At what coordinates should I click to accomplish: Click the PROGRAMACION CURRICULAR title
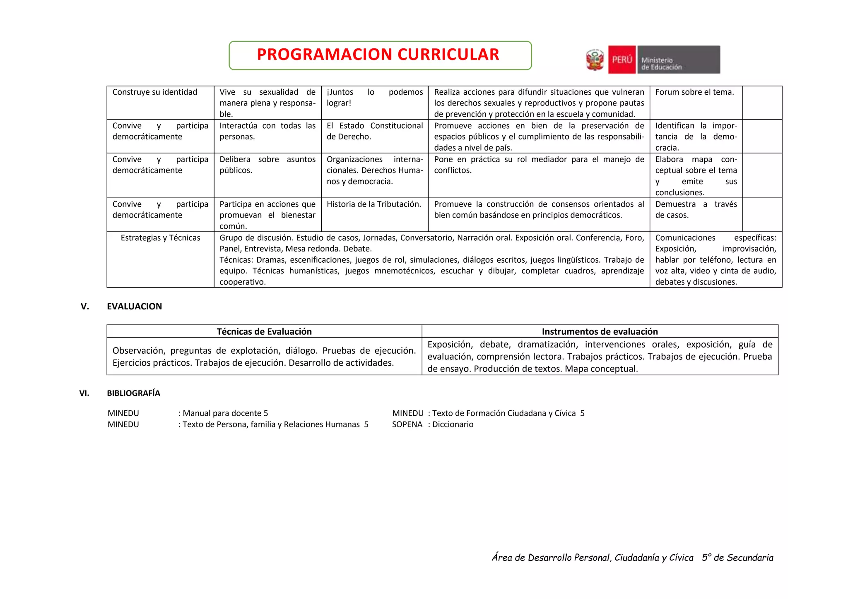378,55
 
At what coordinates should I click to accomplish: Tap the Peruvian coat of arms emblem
595,60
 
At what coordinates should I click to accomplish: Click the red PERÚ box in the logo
622,60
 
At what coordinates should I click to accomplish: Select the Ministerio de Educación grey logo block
678,60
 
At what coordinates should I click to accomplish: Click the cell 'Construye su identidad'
155,92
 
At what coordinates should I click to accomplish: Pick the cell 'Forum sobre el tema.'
694,92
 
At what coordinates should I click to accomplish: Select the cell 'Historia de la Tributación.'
374,204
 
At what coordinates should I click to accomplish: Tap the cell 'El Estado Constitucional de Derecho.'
375,131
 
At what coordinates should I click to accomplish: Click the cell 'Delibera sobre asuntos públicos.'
267,165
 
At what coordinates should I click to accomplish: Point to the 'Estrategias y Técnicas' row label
160,238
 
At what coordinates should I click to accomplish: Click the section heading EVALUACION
134,307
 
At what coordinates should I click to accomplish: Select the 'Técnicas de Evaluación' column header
264,332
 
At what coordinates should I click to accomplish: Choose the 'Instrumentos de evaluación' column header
600,332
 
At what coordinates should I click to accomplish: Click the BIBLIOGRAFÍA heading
133,393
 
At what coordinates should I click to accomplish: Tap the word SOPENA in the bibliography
407,424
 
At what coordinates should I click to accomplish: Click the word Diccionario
453,424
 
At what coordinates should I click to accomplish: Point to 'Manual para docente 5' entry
225,413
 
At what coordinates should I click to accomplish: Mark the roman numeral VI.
84,393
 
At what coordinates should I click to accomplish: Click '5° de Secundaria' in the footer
737,558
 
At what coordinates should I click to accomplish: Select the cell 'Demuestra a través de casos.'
696,210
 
